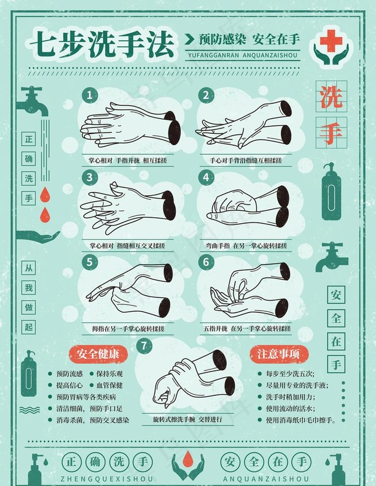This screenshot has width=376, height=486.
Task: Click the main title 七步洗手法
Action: (x=102, y=43)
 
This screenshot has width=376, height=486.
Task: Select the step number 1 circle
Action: (x=90, y=95)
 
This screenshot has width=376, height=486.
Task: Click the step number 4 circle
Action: (x=206, y=177)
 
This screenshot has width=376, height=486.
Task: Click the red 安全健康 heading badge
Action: (x=98, y=353)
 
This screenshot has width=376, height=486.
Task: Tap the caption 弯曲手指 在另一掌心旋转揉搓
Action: (x=247, y=246)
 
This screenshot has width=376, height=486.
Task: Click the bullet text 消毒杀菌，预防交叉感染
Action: (x=92, y=420)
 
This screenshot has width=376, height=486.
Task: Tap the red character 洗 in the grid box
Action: (x=331, y=96)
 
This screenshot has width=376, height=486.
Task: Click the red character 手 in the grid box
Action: (x=331, y=132)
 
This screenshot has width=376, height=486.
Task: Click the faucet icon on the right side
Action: (x=331, y=257)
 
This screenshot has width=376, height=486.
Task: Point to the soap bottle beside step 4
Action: (x=331, y=192)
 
